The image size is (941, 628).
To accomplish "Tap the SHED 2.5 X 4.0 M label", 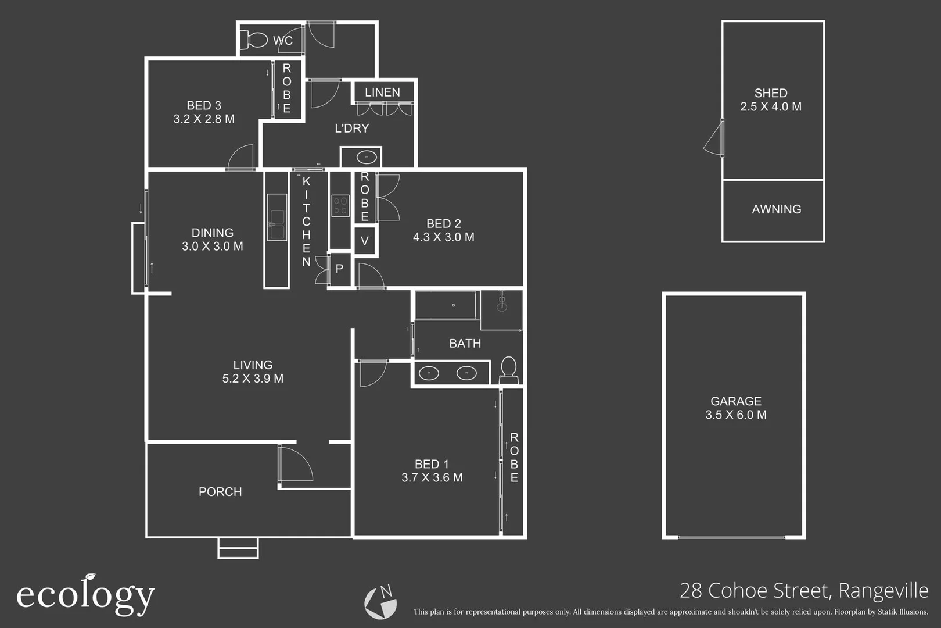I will (771, 100).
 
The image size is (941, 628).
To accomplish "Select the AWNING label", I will (776, 209).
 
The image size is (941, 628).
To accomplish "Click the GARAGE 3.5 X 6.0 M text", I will (735, 408).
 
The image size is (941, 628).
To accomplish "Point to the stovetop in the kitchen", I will (340, 206).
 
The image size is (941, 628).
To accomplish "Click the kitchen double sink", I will (276, 217).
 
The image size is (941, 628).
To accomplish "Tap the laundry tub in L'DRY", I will (367, 157).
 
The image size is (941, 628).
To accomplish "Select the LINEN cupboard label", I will (382, 92).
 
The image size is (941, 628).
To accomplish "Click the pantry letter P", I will (340, 269).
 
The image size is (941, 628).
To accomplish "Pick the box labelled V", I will (365, 241).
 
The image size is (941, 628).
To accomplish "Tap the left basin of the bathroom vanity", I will (429, 373).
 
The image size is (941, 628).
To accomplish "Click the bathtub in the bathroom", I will (446, 305).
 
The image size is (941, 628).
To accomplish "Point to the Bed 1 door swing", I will (372, 373).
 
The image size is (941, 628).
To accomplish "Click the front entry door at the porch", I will (294, 463).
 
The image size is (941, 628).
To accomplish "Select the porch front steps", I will (238, 548).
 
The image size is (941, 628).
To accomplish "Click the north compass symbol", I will (380, 602).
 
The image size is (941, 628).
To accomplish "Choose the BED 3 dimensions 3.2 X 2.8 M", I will (204, 119).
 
